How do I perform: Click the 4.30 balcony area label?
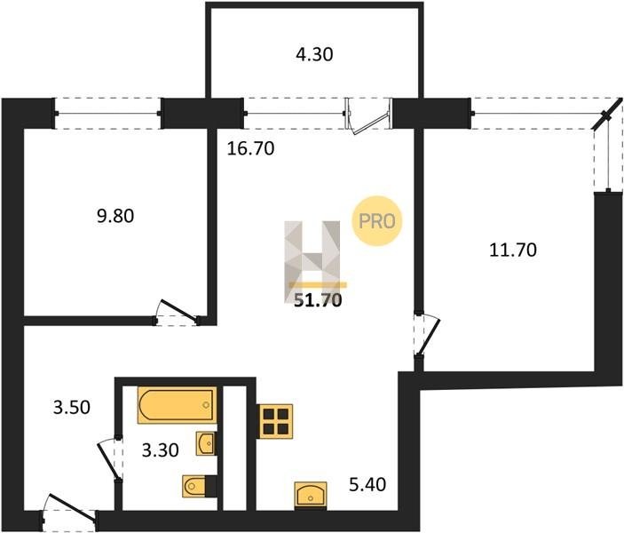(314, 54)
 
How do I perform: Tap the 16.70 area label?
(250, 148)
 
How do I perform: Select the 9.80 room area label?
(115, 216)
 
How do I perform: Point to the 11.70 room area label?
(512, 251)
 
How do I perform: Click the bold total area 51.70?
(318, 300)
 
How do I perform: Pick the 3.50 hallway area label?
(72, 408)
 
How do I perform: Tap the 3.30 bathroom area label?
(161, 450)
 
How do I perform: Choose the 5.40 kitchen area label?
(367, 485)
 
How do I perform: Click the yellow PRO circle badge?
(377, 221)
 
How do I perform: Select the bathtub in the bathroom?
(178, 404)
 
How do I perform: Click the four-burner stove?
(275, 421)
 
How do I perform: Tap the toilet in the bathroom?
(200, 486)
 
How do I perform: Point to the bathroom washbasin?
(206, 443)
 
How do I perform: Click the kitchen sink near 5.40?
(311, 495)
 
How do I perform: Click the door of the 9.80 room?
(178, 313)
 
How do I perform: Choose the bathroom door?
(110, 459)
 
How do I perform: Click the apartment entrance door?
(68, 511)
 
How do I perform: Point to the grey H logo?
(312, 261)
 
